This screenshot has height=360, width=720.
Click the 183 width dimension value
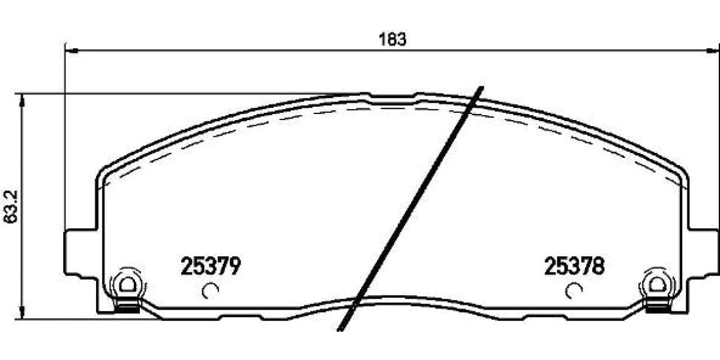click(393, 40)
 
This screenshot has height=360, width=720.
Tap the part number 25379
click(211, 266)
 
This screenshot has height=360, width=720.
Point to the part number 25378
click(574, 266)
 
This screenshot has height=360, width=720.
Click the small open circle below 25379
click(211, 291)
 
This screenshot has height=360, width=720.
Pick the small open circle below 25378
click(574, 291)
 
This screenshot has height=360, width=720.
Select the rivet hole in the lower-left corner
click(127, 284)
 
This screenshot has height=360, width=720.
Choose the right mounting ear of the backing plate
click(703, 252)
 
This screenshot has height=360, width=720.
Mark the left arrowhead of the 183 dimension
click(69, 50)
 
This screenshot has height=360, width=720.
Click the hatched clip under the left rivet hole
click(125, 308)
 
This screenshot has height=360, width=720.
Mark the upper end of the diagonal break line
click(480, 89)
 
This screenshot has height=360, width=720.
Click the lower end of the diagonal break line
click(340, 328)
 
